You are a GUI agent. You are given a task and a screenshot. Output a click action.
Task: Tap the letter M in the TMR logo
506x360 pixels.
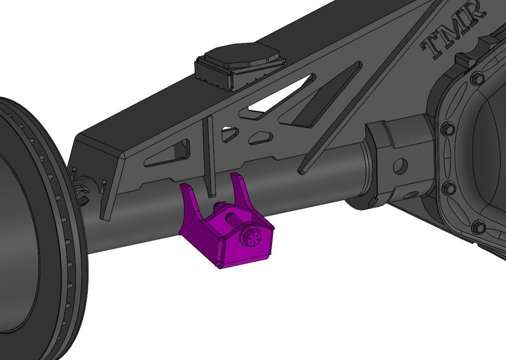[x=454, y=28]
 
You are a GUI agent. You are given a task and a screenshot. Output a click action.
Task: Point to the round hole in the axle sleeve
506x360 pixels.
[x=401, y=165]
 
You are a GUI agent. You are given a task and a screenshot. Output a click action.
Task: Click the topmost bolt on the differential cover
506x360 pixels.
[x=477, y=78]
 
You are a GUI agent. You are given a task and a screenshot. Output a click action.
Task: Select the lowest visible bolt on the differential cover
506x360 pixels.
[x=479, y=227]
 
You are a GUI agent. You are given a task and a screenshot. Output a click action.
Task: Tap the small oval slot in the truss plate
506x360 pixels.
[x=261, y=138]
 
